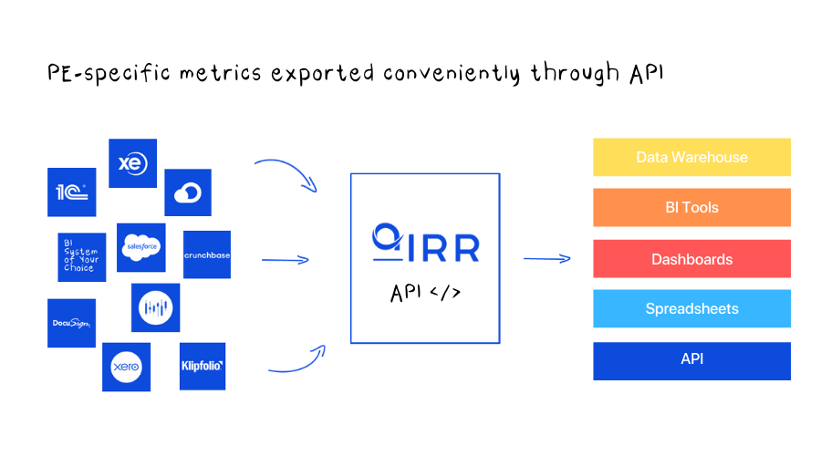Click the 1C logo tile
71,192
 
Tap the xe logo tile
132,163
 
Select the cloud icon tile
188,192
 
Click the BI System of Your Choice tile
81,256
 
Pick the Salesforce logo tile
141,247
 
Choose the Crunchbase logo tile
207,254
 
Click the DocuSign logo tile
71,323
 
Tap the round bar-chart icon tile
156,307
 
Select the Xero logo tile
126,367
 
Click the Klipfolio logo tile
203,366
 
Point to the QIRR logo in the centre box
425,242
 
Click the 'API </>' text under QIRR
425,293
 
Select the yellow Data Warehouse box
691,157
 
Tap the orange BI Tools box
691,208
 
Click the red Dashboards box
691,259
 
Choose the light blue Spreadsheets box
691,309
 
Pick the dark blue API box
691,360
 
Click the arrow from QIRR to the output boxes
546,259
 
